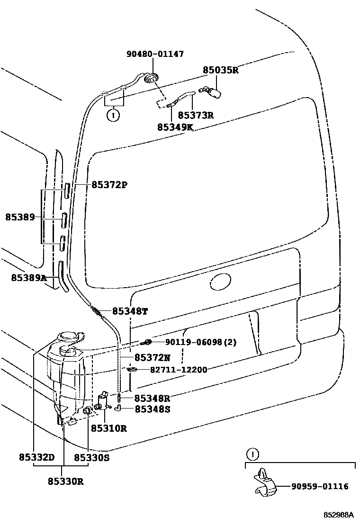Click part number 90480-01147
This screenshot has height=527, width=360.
click(155, 55)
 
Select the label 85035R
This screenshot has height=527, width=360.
click(220, 71)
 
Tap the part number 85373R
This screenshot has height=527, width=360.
click(196, 115)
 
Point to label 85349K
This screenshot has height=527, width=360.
click(175, 127)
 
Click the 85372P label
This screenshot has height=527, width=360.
click(109, 184)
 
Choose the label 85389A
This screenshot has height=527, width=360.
click(29, 278)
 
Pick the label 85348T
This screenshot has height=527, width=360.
click(130, 311)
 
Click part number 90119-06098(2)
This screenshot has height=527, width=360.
click(201, 342)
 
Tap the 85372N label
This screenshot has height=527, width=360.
click(152, 357)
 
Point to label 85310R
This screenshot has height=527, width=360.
click(108, 428)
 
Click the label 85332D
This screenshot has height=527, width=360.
click(37, 457)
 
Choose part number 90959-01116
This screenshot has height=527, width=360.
click(320, 486)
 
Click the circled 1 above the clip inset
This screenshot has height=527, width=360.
click(253, 455)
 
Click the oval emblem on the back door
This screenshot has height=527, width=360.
click(220, 283)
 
